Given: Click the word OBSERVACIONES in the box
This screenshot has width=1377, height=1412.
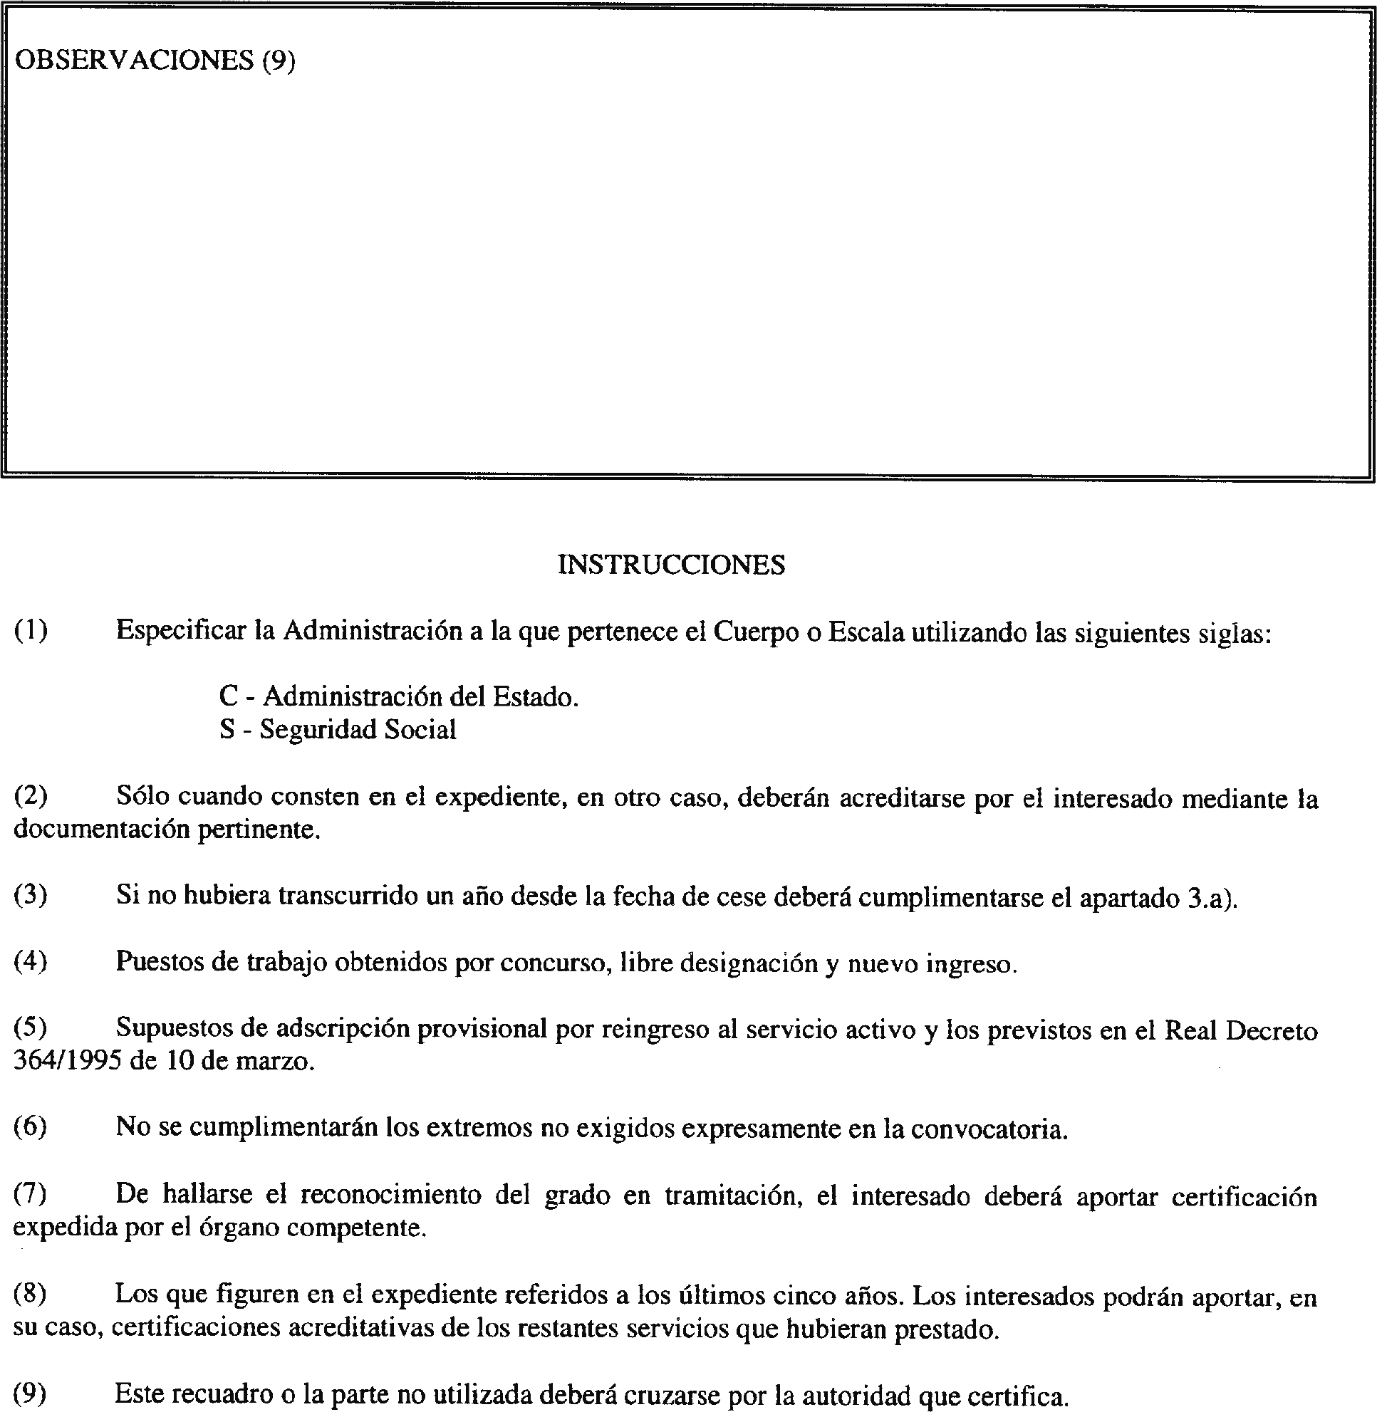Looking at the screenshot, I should point(134,61).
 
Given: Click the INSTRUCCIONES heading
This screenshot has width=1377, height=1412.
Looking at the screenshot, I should point(671,565).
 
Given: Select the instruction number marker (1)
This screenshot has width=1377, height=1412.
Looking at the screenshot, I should point(31,631).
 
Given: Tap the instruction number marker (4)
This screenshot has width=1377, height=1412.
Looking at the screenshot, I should point(31,961).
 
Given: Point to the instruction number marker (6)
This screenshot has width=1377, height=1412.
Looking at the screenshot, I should point(31,1127).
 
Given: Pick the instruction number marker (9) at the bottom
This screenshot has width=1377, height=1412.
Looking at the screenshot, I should point(31,1393).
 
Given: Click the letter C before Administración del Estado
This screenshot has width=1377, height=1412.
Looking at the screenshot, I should point(229,696).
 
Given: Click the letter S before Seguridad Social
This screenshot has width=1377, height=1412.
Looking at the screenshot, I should point(227,728).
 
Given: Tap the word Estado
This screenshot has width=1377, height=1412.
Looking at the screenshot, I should point(535,696).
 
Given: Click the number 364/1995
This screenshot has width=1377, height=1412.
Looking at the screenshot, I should point(66,1062).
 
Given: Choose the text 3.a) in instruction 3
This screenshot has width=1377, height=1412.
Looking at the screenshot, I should point(1213,897).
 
